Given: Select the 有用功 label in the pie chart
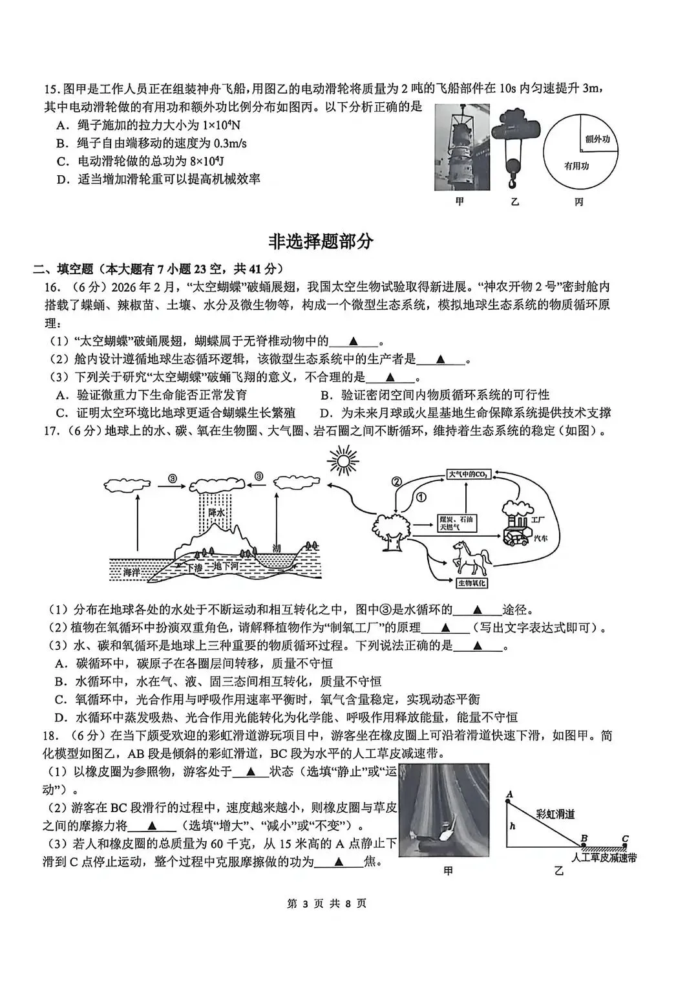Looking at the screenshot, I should point(576,166).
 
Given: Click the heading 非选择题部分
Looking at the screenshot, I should point(321,242).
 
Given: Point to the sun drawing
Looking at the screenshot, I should point(343,461).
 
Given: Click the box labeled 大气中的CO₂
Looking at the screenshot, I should point(469,475).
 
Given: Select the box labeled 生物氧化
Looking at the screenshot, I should point(472,583).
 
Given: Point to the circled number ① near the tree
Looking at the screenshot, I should point(420,497).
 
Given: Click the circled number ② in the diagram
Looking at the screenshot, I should point(397,481).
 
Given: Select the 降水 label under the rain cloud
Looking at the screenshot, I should point(216,512).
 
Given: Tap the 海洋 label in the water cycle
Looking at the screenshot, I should point(132,572).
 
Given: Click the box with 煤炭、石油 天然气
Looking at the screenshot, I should point(458,523).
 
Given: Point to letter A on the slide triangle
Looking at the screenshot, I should point(509,794).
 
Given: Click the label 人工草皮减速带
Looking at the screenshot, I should point(604,857).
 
